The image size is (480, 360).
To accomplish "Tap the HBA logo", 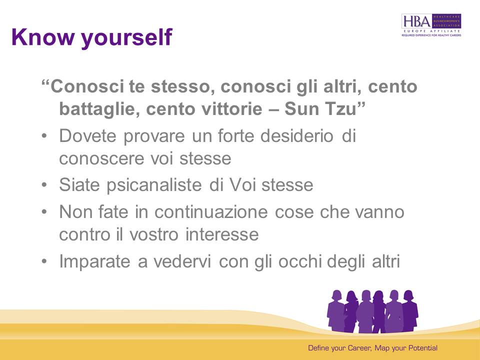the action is click(x=431, y=25).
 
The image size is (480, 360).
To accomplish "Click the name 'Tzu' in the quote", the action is click(x=340, y=108).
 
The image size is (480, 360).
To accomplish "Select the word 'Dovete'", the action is click(x=87, y=135).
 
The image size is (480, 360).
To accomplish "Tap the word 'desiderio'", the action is click(x=296, y=135).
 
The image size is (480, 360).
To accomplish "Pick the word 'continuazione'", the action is click(x=211, y=212).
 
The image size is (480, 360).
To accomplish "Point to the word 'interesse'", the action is click(x=222, y=234).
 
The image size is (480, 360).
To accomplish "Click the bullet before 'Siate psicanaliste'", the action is click(x=44, y=185).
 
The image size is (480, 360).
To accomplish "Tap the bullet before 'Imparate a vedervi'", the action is click(x=44, y=261).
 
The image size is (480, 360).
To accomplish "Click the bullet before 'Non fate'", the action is click(x=44, y=212).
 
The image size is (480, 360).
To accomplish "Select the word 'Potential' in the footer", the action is click(x=423, y=348).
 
